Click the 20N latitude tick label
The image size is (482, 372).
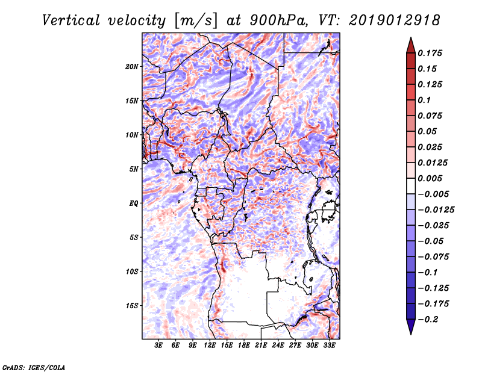click(132, 66)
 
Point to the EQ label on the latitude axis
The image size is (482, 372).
click(134, 203)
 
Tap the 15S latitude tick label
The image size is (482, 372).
click(132, 306)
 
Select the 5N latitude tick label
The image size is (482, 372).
click(134, 169)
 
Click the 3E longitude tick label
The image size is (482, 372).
click(158, 346)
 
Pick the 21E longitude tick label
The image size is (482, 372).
click(261, 346)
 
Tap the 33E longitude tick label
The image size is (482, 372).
click(330, 346)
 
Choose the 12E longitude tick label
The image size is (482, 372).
click(210, 346)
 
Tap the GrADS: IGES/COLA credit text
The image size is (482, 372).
click(34, 367)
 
